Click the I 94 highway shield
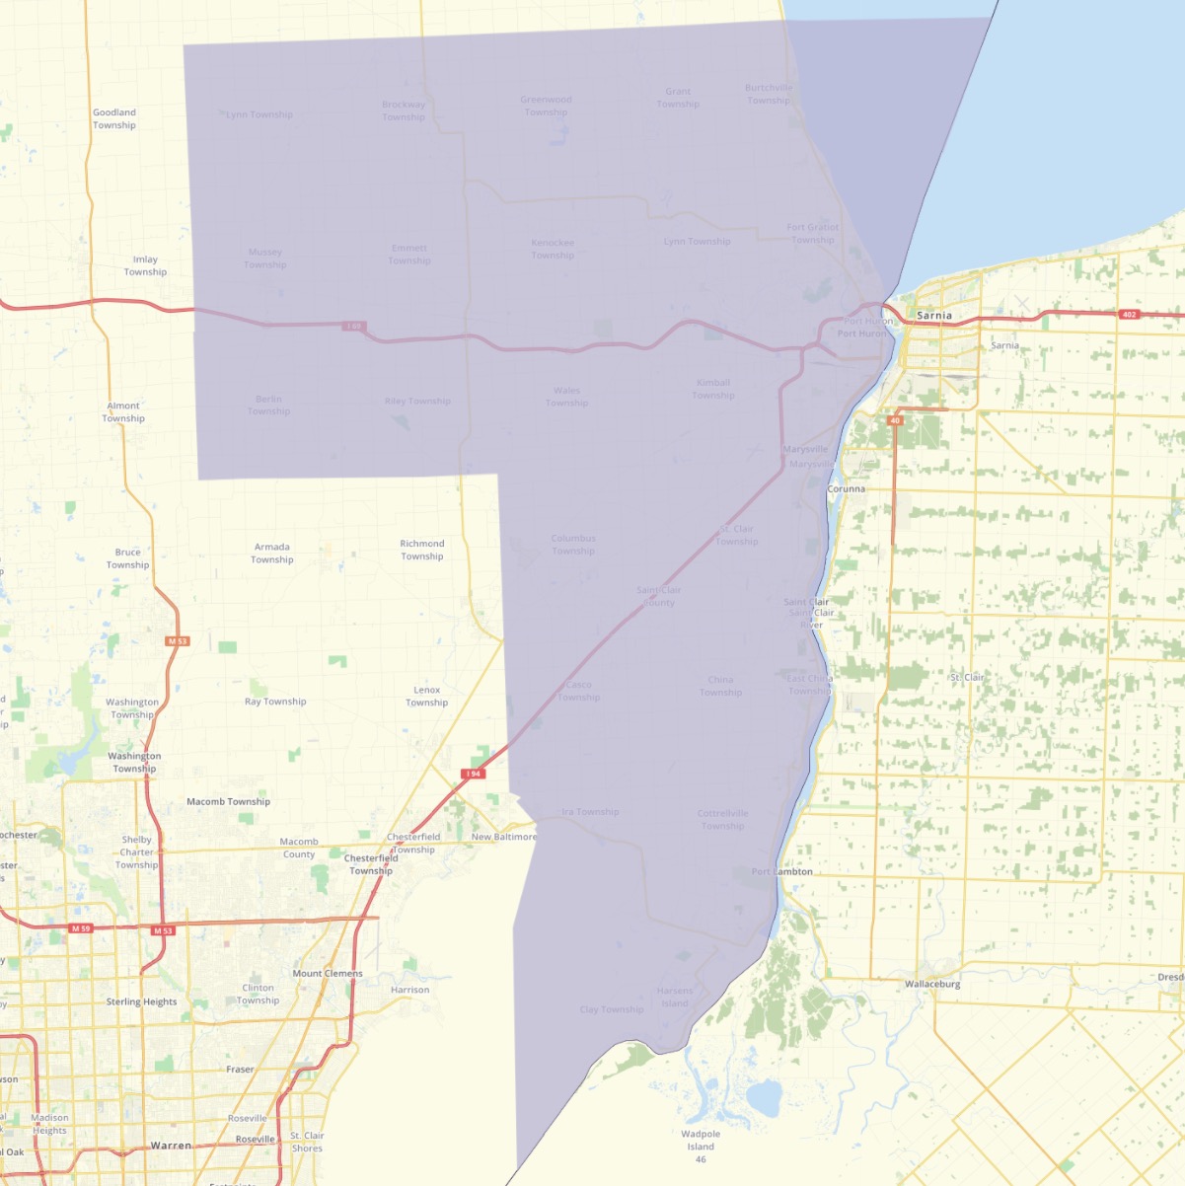(474, 774)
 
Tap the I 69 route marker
(353, 326)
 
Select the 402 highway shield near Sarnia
(1129, 315)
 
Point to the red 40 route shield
(895, 420)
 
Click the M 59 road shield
(81, 928)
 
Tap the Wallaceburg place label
(932, 984)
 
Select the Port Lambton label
(782, 871)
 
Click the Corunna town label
(847, 488)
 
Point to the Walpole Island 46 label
(701, 1147)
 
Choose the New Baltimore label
(504, 837)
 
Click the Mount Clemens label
(328, 973)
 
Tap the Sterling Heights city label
(142, 1001)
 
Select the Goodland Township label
(114, 118)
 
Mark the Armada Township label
(272, 553)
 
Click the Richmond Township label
(422, 550)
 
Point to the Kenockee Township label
(553, 249)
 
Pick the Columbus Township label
(573, 545)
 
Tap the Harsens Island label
(675, 997)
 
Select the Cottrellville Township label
(723, 820)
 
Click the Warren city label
(171, 1146)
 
